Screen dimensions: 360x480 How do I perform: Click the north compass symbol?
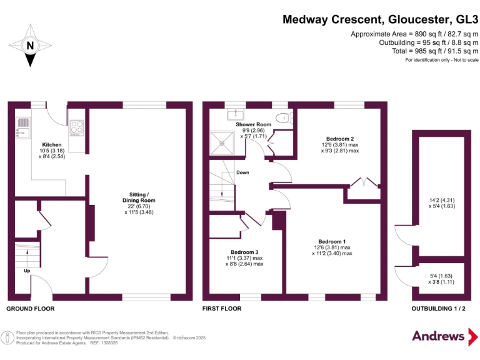(x=29, y=46)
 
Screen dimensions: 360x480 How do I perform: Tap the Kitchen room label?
(x=52, y=144)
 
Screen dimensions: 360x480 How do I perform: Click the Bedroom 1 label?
(x=331, y=241)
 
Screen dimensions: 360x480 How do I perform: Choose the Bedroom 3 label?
(x=244, y=252)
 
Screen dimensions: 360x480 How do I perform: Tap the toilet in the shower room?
(x=285, y=116)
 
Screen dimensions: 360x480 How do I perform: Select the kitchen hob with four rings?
(x=77, y=127)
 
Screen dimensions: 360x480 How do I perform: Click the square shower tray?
(x=221, y=141)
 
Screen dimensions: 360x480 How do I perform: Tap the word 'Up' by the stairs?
(x=26, y=271)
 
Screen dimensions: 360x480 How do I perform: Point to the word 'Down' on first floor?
(x=243, y=172)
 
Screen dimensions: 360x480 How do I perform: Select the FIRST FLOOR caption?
(x=222, y=309)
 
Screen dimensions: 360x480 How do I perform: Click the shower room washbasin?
(x=237, y=114)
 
